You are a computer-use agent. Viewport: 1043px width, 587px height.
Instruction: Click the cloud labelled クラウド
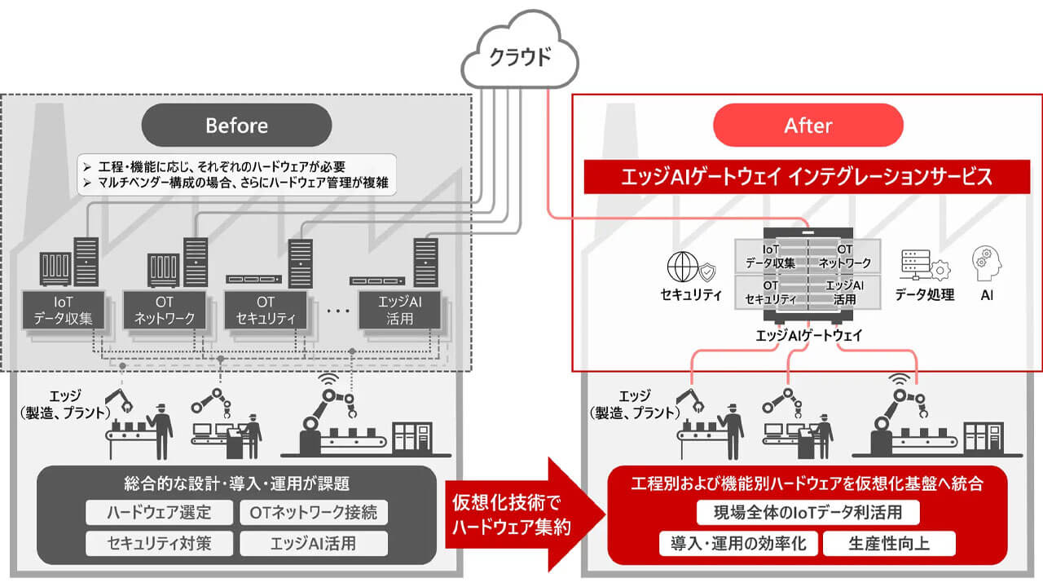519,56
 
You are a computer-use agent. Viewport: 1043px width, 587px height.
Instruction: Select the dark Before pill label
236,125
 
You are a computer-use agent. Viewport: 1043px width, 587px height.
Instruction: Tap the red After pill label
808,125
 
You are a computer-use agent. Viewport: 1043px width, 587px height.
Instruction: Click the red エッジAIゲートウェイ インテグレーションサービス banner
807,176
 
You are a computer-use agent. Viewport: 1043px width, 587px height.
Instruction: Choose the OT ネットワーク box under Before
164,310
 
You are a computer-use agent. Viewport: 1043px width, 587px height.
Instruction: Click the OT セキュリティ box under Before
265,310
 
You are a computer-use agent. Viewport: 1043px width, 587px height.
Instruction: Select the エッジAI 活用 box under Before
400,310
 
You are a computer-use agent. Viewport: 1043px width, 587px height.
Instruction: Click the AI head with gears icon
987,266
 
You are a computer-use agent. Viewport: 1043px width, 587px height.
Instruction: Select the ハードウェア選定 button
159,512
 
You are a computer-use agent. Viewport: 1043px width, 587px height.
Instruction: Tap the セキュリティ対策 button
159,543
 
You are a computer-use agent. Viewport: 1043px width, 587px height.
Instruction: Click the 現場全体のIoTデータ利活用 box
808,513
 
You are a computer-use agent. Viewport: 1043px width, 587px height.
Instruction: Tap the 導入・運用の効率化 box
738,543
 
